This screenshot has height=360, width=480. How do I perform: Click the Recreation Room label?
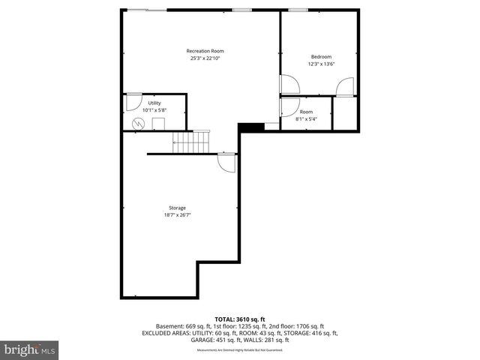point(205,51)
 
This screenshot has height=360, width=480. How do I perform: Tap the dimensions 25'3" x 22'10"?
point(205,59)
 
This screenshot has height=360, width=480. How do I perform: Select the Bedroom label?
point(321,57)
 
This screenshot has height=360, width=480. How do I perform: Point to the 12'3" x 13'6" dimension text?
point(321,64)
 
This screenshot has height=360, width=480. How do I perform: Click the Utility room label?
point(154,103)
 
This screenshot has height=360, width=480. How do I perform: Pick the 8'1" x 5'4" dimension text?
point(306,118)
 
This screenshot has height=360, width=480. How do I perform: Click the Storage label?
point(177,208)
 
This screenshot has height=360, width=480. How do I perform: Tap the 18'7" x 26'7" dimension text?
point(177,215)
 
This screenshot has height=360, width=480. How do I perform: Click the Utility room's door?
point(133,101)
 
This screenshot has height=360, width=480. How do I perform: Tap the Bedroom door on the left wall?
point(289,84)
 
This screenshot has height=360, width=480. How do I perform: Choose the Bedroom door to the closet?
point(345,87)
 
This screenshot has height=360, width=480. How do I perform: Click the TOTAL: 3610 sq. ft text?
point(239,319)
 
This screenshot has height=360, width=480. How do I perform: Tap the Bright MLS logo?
point(30,349)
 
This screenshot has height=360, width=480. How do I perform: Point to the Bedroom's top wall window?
point(298,10)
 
